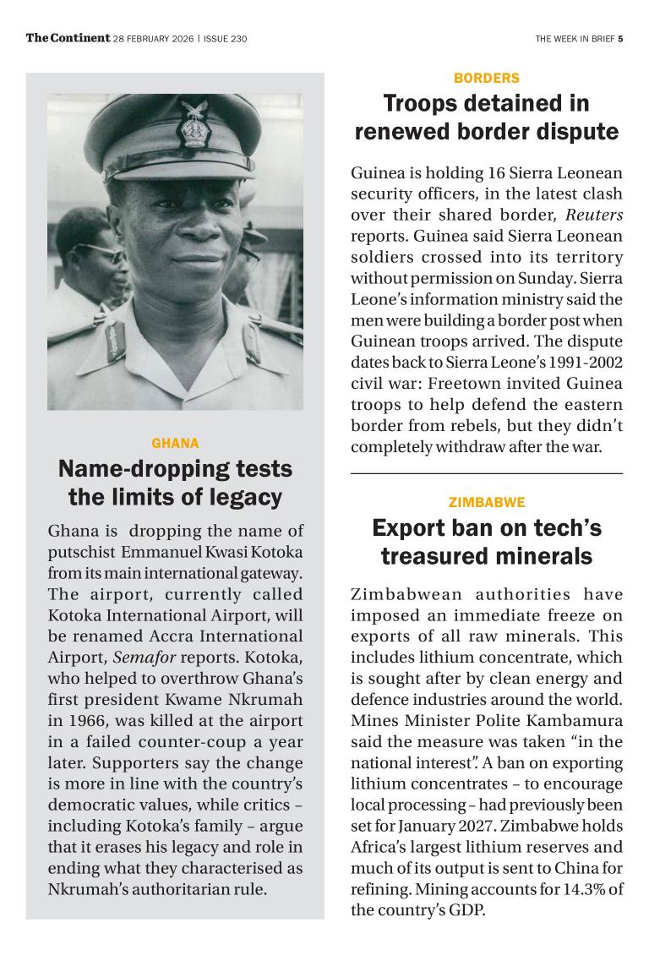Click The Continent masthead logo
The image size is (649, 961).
point(68,38)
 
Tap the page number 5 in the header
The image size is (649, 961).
point(620,39)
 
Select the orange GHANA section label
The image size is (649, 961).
point(175,443)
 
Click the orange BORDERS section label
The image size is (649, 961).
point(487,78)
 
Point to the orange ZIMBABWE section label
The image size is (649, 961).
point(487,502)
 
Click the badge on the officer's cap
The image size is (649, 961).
point(194,125)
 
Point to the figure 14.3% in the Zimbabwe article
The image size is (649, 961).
point(577,889)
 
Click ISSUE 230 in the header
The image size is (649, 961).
point(226,39)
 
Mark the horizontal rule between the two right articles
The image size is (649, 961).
point(487,473)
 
